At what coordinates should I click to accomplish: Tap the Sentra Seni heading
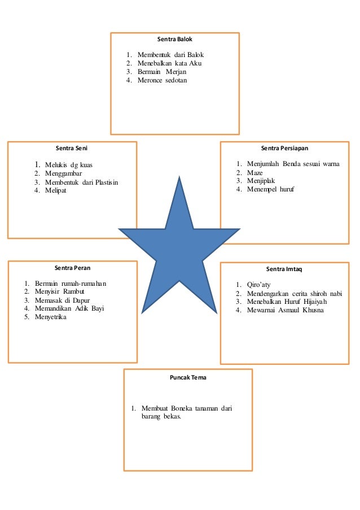tap(72, 149)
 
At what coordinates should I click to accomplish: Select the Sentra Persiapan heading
tap(284, 149)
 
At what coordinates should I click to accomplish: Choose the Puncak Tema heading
tap(188, 377)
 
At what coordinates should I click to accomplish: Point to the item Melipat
tap(56, 191)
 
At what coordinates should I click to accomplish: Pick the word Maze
tap(256, 172)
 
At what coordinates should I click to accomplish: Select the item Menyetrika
tap(51, 317)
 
